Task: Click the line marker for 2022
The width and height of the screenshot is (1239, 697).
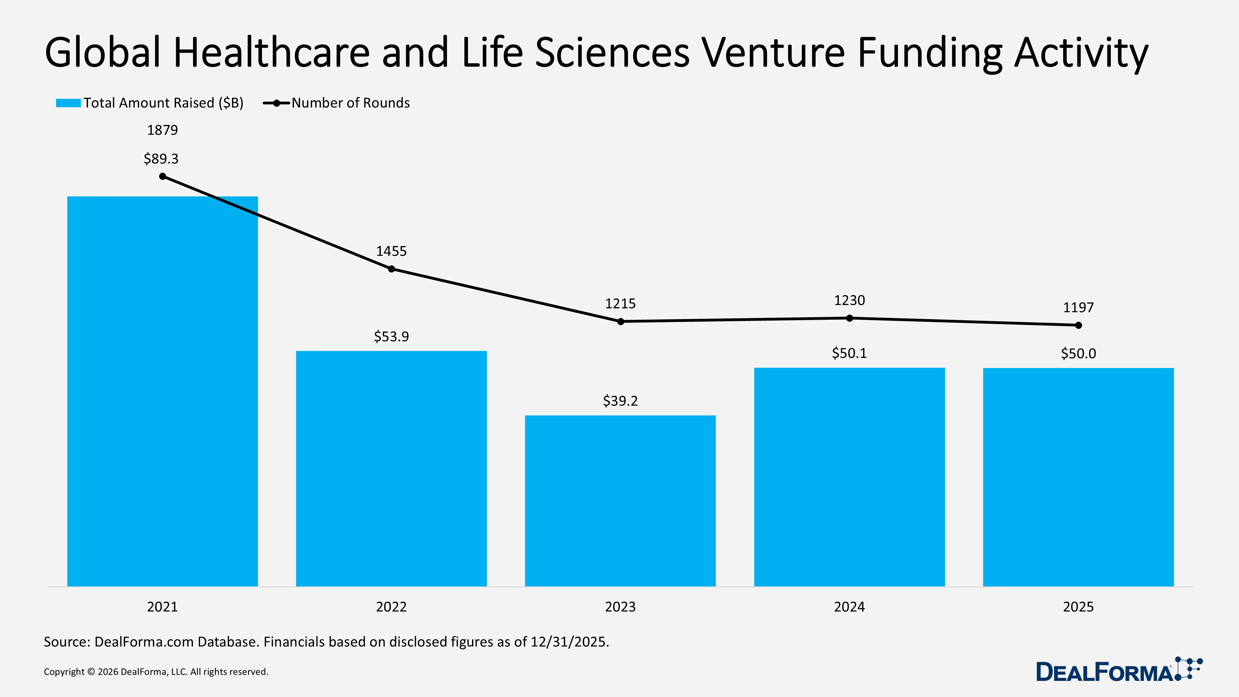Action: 392,269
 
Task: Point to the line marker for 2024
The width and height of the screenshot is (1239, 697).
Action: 849,318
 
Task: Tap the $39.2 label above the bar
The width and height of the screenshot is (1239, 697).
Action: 620,401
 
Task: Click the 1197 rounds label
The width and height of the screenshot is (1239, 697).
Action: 1078,307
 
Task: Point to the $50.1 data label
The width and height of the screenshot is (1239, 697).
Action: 849,353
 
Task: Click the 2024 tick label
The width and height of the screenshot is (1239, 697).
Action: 849,607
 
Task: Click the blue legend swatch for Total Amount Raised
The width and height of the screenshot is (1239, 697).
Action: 68,103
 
